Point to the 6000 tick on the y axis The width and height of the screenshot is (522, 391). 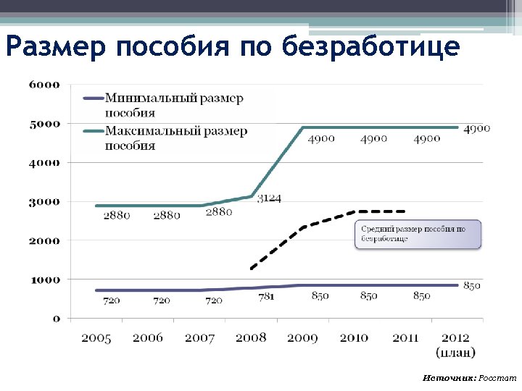[x=44, y=85]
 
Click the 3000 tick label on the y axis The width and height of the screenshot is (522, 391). [x=44, y=201]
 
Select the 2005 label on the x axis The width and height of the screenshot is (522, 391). [x=96, y=338]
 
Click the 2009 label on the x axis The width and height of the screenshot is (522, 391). [x=302, y=338]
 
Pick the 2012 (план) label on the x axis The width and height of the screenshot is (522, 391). [x=456, y=345]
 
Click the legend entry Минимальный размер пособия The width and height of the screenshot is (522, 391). [x=174, y=105]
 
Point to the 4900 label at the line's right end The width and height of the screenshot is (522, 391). [x=477, y=128]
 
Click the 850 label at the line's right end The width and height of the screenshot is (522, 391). [x=472, y=286]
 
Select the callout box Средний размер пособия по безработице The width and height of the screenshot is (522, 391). [x=417, y=235]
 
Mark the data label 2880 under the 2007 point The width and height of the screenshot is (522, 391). [x=218, y=212]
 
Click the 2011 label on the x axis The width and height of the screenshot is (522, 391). [x=405, y=338]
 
